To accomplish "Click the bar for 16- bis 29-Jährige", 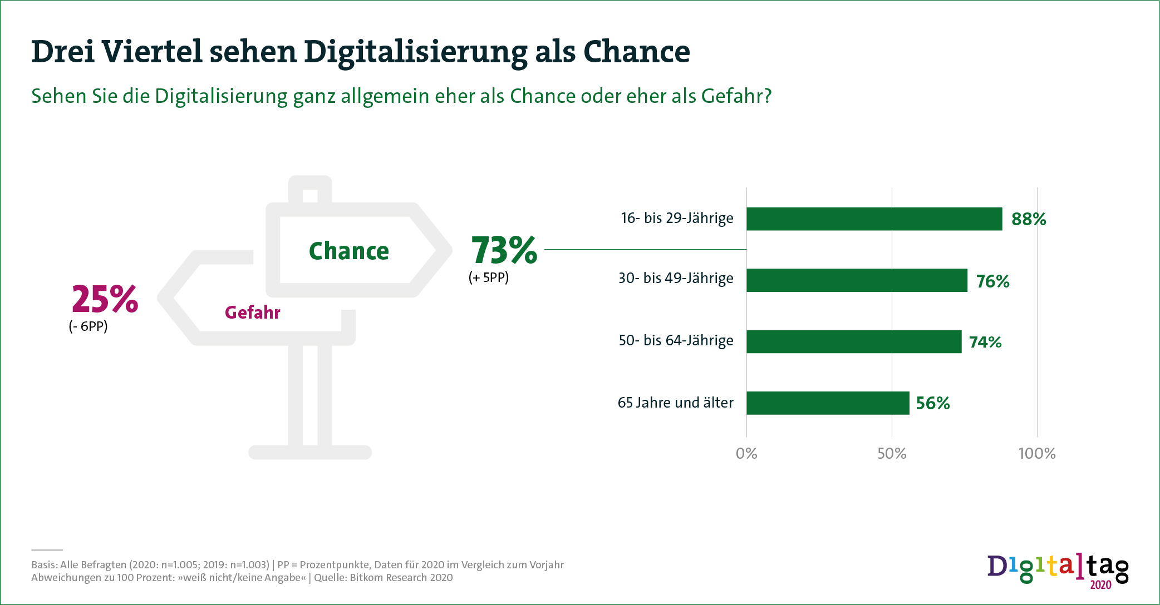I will (x=874, y=219).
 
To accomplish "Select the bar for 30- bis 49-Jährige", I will (x=857, y=280).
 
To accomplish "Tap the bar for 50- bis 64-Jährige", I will (x=854, y=341).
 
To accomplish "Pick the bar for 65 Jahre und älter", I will (x=828, y=403).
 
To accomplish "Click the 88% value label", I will (x=1029, y=219).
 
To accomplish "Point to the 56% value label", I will (x=933, y=403).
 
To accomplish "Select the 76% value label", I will (x=992, y=281).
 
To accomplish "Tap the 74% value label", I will (x=985, y=342).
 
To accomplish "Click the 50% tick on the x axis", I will (x=892, y=454).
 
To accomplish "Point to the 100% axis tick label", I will (x=1037, y=454).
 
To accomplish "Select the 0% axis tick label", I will (x=746, y=454).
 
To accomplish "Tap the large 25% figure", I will (x=105, y=299).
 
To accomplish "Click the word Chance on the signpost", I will (x=349, y=251).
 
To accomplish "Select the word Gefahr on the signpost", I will (x=252, y=313).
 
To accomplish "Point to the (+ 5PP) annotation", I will (x=489, y=277).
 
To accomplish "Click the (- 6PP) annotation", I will (x=88, y=326).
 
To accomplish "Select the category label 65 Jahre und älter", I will (x=675, y=403).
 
